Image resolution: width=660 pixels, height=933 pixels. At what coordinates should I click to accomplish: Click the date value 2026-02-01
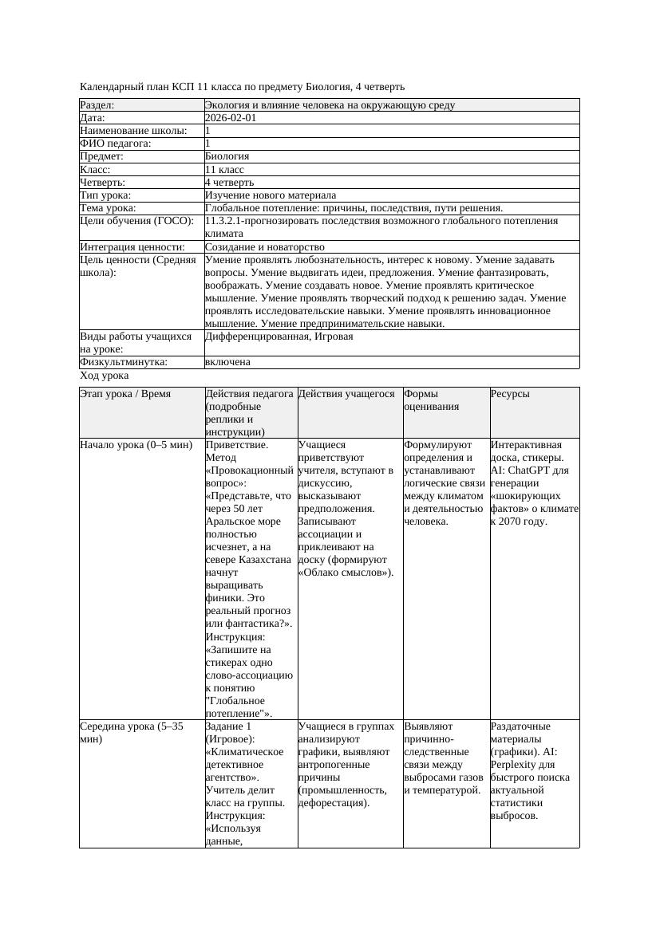click(231, 118)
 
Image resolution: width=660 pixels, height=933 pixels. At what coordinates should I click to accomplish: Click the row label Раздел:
click(97, 105)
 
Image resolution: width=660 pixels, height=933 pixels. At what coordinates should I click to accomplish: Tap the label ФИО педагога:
click(116, 144)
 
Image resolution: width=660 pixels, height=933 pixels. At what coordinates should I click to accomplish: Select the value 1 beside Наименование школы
click(208, 131)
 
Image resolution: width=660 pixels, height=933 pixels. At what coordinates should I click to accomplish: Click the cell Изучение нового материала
click(271, 195)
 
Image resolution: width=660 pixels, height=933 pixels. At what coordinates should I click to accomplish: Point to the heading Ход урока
click(105, 376)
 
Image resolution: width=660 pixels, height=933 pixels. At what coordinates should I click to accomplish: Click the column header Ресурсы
click(510, 394)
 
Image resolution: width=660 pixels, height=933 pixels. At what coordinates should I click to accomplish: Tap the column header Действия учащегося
click(346, 394)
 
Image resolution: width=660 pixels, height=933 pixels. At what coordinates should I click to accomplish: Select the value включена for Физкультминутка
click(227, 362)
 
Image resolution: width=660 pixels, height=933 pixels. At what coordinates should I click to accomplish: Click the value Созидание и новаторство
click(264, 247)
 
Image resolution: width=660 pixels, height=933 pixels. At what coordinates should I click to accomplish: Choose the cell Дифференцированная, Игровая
click(279, 337)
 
